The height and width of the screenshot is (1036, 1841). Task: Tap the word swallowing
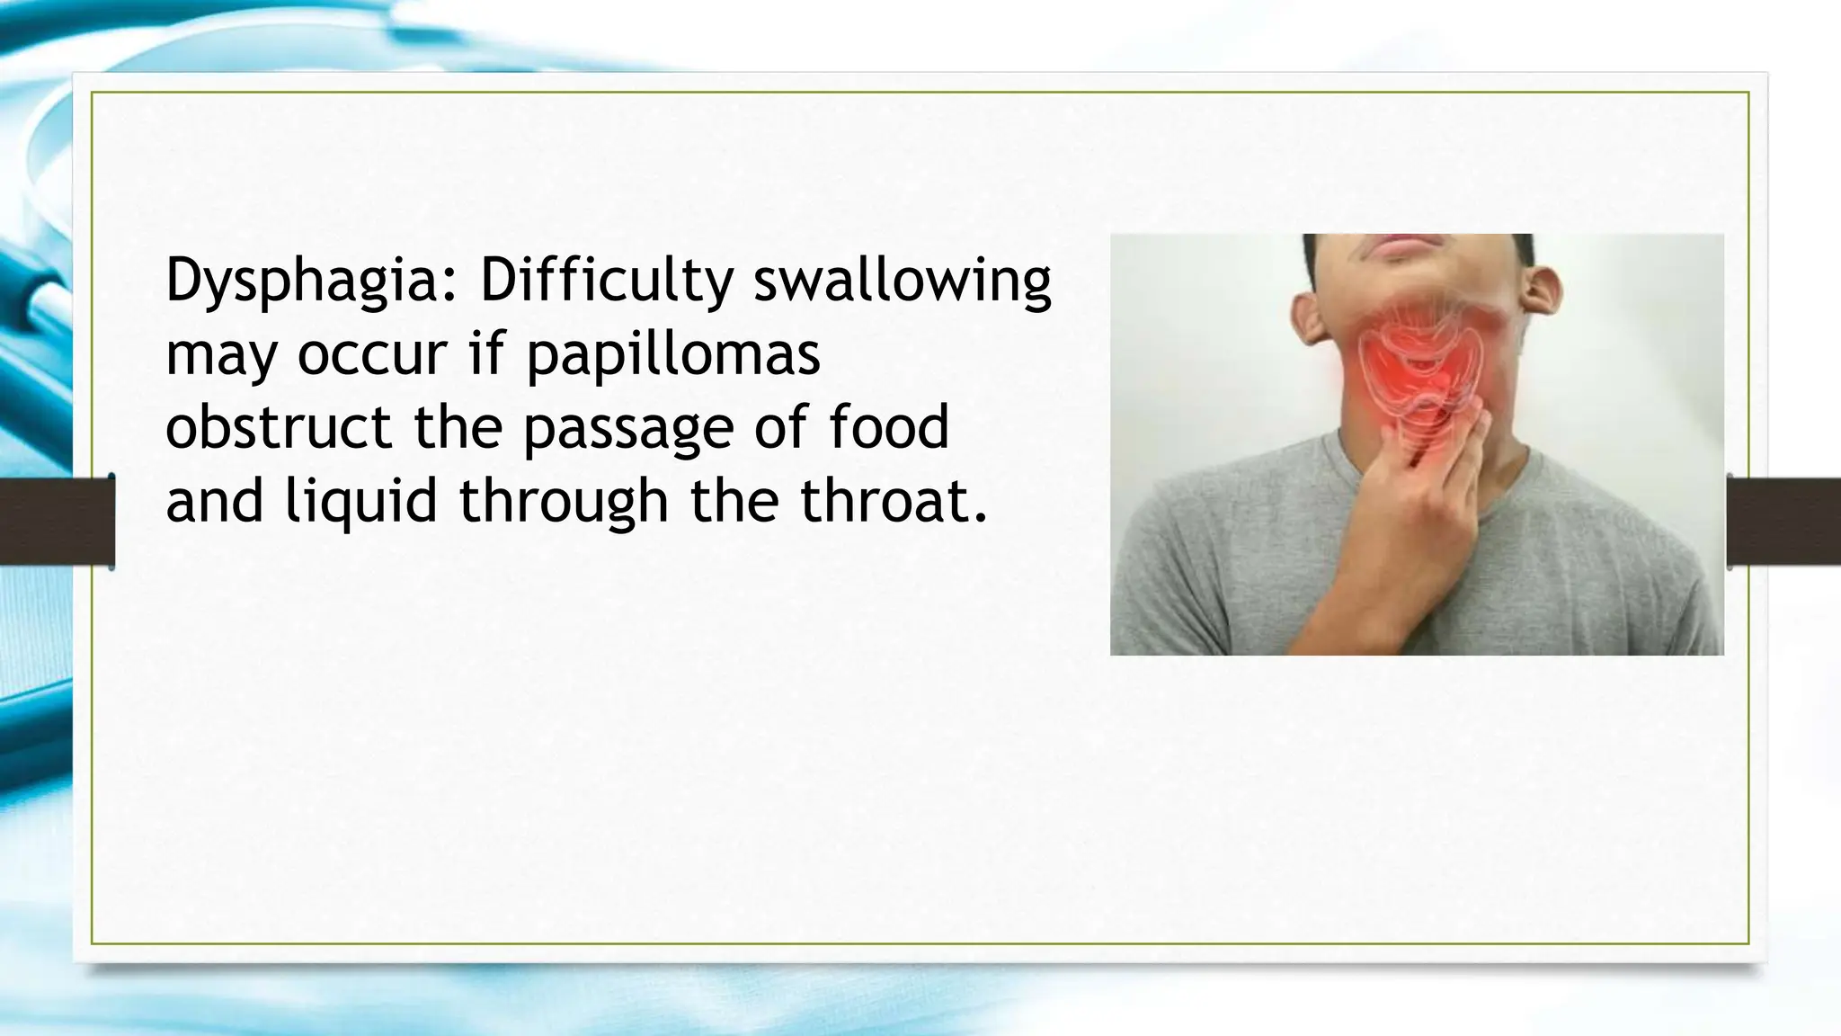902,281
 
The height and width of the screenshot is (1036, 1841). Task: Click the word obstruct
279,427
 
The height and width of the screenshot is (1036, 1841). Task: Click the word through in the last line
564,502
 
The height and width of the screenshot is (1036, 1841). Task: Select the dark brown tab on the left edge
56,522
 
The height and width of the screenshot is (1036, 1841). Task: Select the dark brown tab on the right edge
1784,522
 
